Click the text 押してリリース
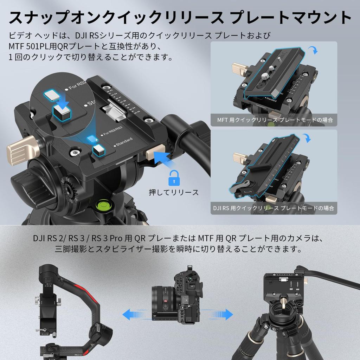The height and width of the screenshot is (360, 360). (173, 192)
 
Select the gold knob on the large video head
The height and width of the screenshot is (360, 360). (21, 150)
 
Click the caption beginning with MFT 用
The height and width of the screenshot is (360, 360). (275, 120)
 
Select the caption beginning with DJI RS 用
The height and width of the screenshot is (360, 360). (274, 207)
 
